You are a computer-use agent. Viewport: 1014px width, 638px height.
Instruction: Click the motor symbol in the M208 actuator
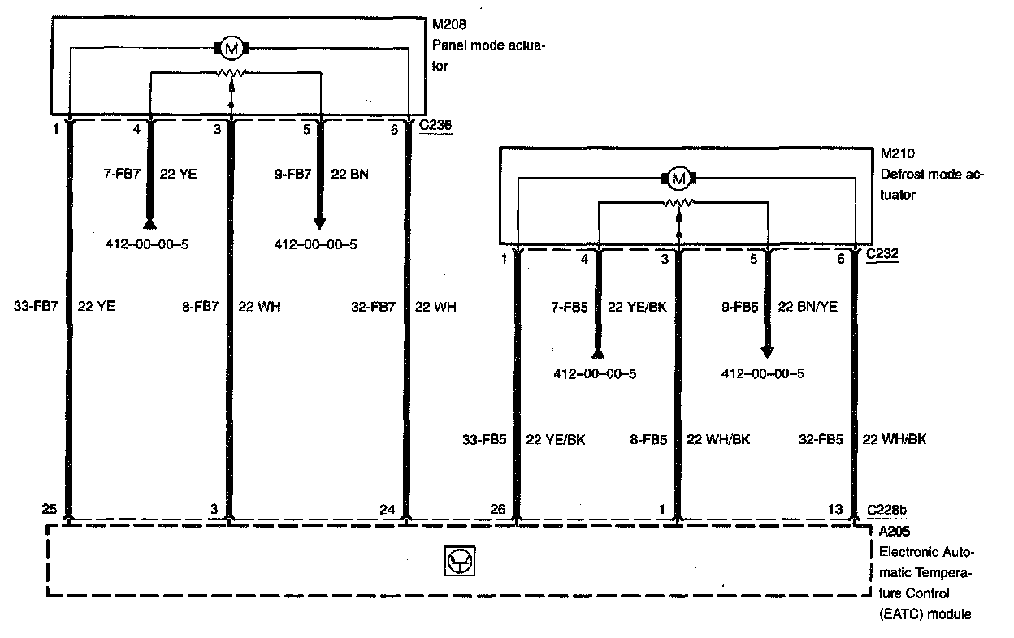point(232,49)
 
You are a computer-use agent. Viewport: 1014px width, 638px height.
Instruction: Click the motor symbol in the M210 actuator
point(679,178)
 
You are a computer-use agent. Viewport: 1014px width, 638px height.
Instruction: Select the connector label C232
point(883,255)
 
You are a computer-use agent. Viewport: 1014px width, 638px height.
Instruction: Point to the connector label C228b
point(887,509)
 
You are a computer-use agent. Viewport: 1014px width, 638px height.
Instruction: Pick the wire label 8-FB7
point(200,307)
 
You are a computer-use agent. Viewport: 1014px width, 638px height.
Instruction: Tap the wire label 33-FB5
point(485,439)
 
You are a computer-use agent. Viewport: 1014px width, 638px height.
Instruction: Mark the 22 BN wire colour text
point(350,174)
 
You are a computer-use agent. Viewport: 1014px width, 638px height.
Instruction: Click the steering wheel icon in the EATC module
point(460,561)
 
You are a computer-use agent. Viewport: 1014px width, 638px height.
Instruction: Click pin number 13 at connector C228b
point(835,509)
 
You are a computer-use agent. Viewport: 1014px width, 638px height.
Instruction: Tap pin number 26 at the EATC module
point(497,509)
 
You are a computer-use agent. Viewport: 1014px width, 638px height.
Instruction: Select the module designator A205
point(896,532)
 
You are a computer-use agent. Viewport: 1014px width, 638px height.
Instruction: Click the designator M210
point(895,153)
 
